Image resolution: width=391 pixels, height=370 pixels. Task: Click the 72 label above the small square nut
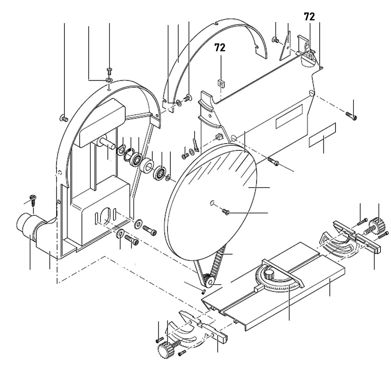219,48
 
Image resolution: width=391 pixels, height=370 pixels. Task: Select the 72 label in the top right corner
309,16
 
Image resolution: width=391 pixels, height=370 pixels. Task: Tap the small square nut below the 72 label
221,83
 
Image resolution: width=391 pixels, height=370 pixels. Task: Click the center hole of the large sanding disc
212,202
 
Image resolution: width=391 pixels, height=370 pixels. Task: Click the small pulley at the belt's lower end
208,281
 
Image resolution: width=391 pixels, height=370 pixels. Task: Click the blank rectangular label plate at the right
323,135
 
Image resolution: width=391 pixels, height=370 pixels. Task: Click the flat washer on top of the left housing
109,80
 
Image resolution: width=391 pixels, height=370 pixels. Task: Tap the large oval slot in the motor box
105,216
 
